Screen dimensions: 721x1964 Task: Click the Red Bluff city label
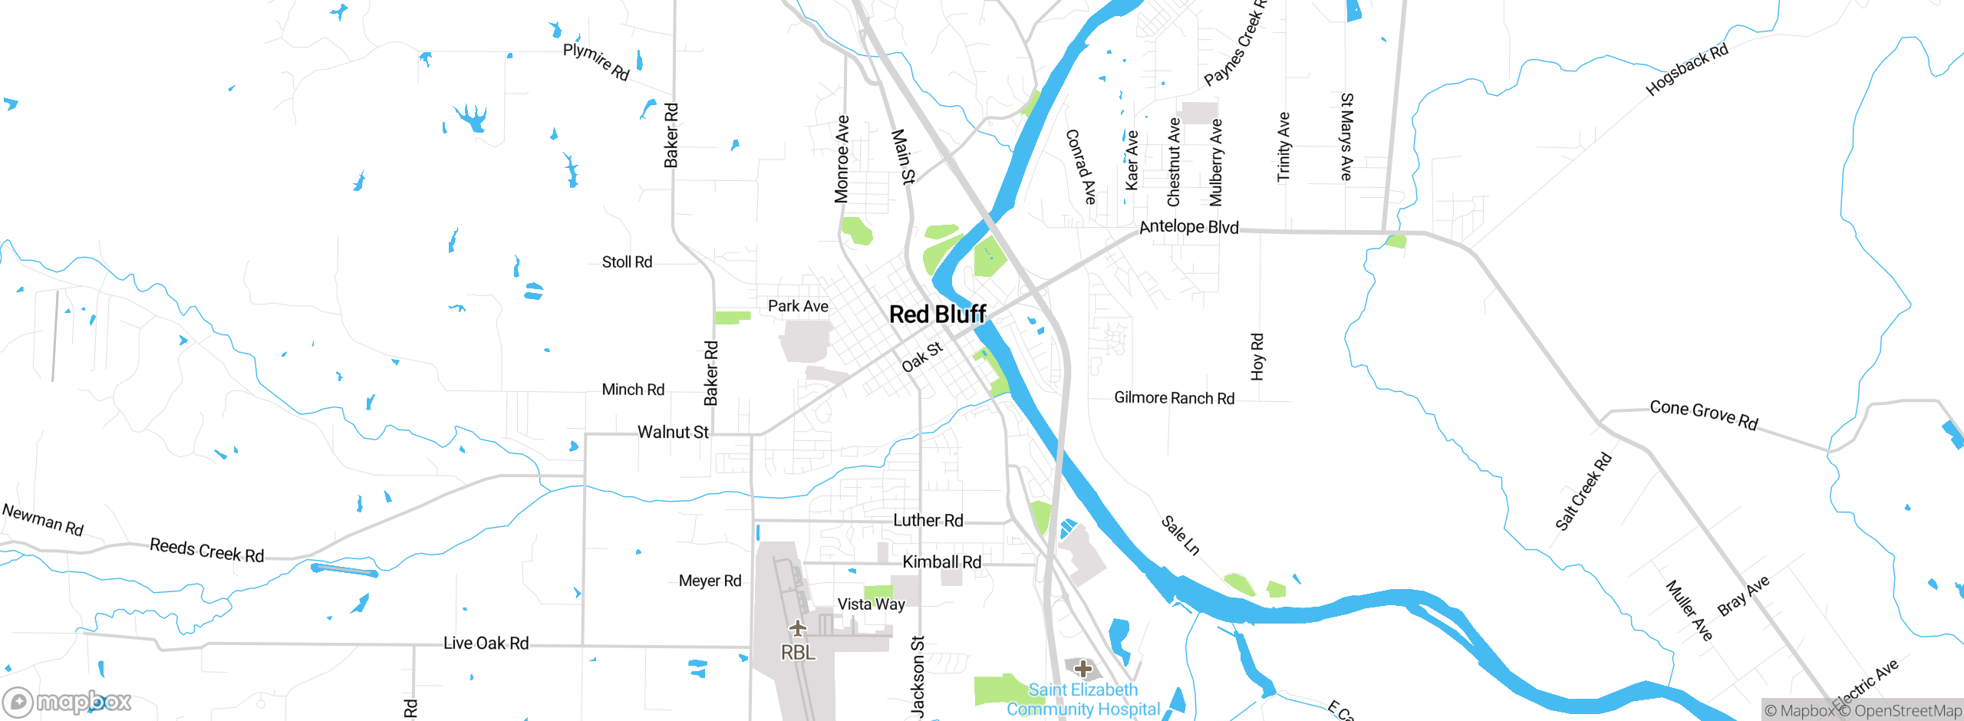(x=937, y=314)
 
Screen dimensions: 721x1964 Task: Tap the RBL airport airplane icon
(x=798, y=628)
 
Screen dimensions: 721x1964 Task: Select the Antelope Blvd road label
(x=1188, y=227)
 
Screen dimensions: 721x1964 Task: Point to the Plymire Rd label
(x=596, y=61)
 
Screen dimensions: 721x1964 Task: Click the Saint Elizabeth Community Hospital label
(x=1083, y=700)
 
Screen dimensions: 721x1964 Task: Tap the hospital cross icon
(x=1083, y=668)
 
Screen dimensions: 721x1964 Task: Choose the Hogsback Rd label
(x=1687, y=70)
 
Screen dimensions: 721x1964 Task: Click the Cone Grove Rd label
(x=1703, y=414)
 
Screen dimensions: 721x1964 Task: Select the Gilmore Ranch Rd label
(x=1174, y=397)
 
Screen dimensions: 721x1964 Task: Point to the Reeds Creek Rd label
(x=206, y=550)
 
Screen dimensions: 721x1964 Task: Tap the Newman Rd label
(x=42, y=519)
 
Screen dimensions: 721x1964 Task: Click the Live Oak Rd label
(x=486, y=643)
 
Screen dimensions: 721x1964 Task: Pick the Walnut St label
(x=673, y=432)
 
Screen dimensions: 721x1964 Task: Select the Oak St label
(x=922, y=357)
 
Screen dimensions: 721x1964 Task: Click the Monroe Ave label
(x=842, y=159)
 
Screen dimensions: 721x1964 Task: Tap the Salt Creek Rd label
(x=1583, y=492)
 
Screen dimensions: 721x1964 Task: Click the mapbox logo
(x=68, y=701)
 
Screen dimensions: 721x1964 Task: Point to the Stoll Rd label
(x=627, y=262)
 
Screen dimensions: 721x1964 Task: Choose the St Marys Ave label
(x=1346, y=137)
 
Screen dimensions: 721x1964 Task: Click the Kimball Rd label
(x=941, y=561)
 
